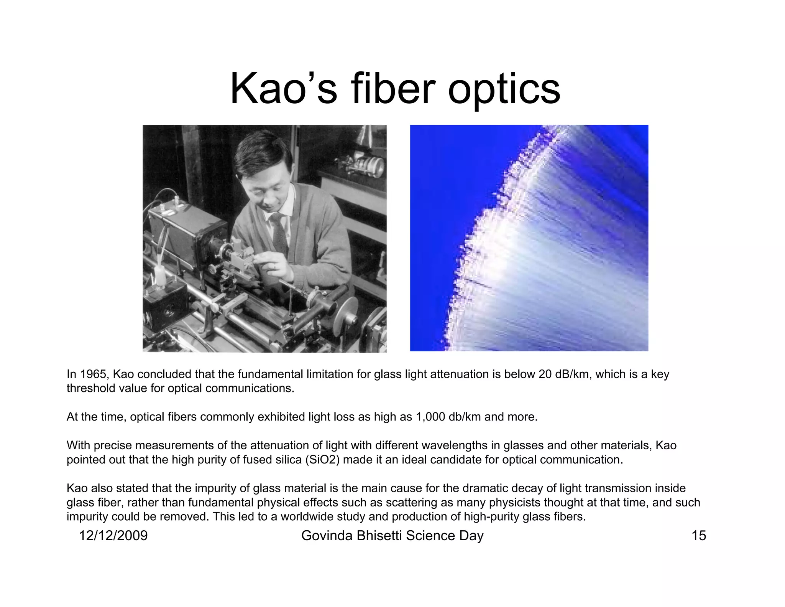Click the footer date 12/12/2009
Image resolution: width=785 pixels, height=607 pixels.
pos(113,536)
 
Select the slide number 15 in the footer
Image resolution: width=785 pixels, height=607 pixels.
pos(698,536)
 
